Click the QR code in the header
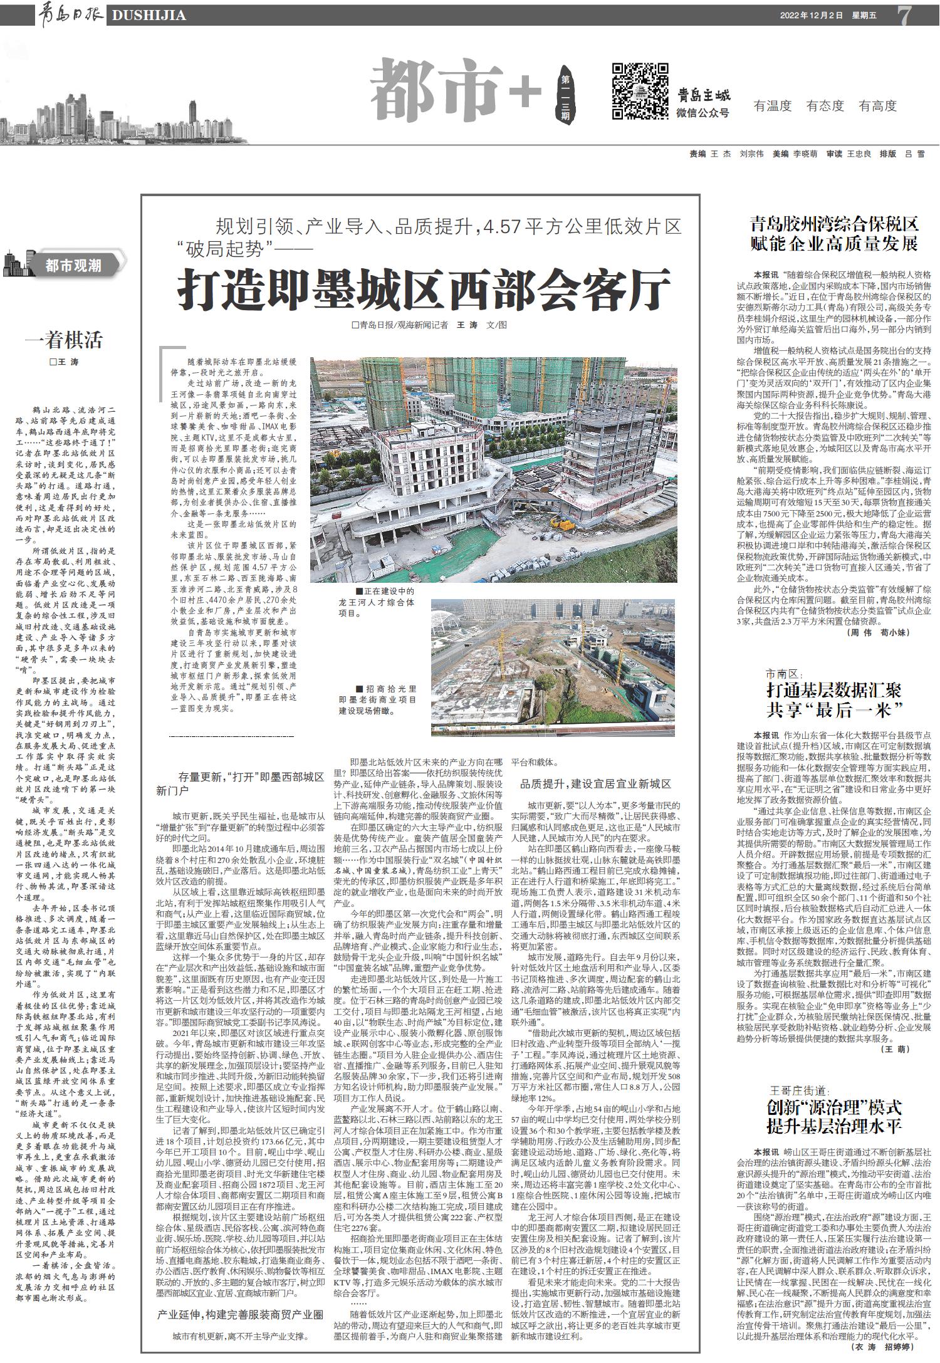639,91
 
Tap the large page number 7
905,16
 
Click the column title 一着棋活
63,340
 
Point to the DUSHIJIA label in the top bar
148,16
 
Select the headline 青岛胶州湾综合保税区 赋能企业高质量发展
834,234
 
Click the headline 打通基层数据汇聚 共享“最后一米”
834,700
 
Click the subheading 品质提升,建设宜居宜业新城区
595,784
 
